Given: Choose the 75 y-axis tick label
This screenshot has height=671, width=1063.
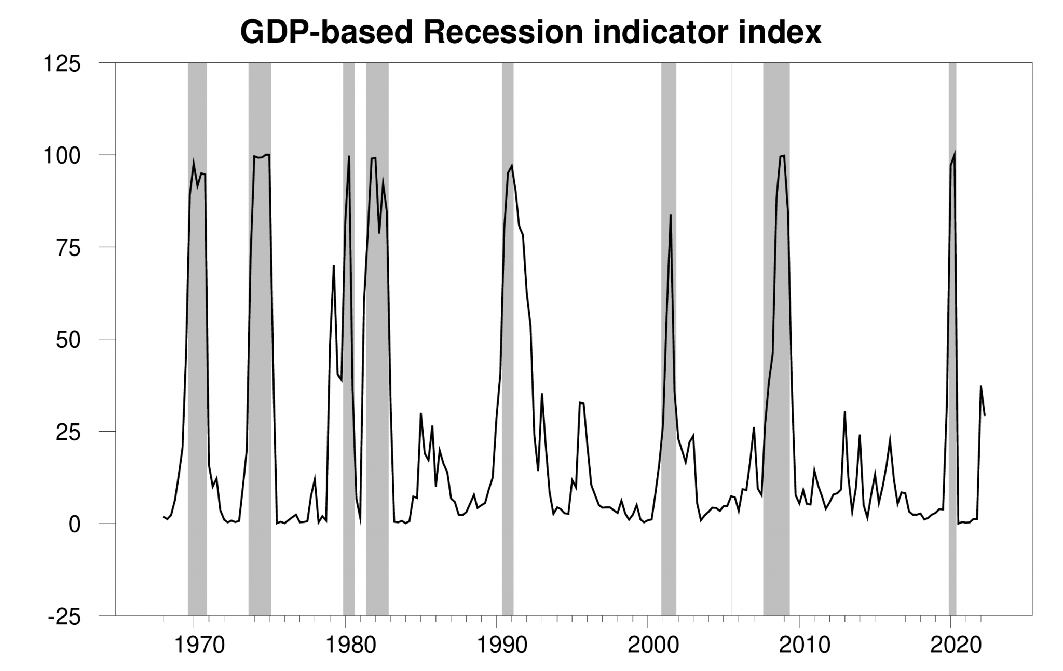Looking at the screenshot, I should [69, 248].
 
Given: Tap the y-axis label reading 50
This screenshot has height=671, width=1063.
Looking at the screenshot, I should [69, 340].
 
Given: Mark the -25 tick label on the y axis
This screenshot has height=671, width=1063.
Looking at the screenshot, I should [64, 616].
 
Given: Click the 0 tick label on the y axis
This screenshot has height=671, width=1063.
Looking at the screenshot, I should [75, 525].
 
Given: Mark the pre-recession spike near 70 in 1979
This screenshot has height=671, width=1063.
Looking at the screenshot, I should [334, 266].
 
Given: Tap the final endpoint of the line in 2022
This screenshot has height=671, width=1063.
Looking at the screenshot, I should [985, 415].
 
